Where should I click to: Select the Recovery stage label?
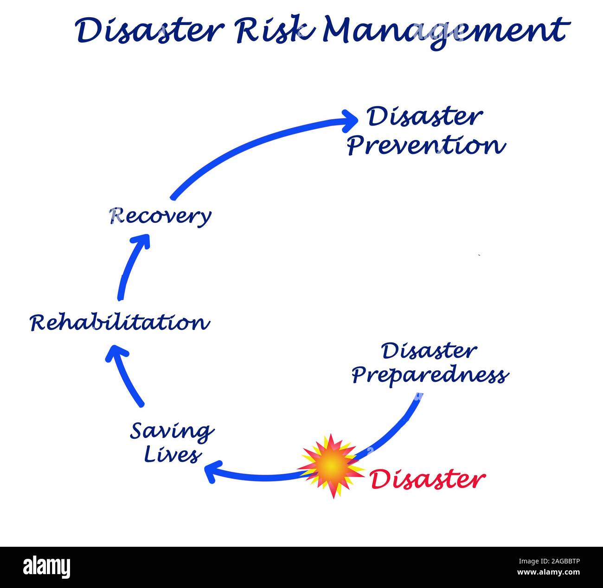160,216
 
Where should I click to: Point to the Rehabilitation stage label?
120,322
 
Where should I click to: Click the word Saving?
172,432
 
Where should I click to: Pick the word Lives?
173,455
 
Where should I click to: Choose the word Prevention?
426,145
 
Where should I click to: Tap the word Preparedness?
430,375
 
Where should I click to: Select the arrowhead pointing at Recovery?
141,241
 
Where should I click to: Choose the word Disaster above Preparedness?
429,351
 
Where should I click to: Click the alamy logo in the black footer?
47,567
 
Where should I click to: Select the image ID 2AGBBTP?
556,561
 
